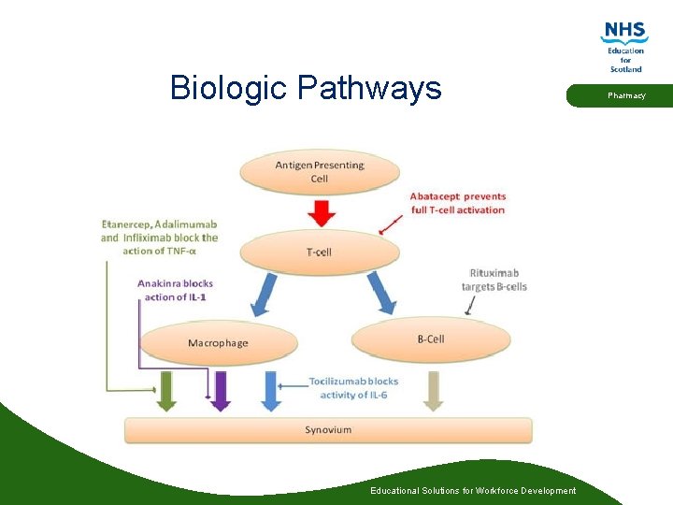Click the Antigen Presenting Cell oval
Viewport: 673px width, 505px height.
click(x=320, y=172)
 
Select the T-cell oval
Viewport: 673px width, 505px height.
click(x=320, y=251)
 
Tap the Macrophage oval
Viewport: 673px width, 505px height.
click(x=218, y=342)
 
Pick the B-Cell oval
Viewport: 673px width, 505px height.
click(x=431, y=339)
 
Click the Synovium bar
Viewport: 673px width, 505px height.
click(x=328, y=430)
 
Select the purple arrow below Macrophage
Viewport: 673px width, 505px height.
click(x=220, y=390)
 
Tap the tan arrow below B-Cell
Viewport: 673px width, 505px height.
click(x=433, y=390)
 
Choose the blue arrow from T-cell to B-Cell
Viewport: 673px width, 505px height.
click(x=382, y=292)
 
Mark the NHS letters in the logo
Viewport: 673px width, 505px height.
click(x=625, y=31)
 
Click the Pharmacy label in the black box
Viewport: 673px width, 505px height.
click(x=626, y=95)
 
